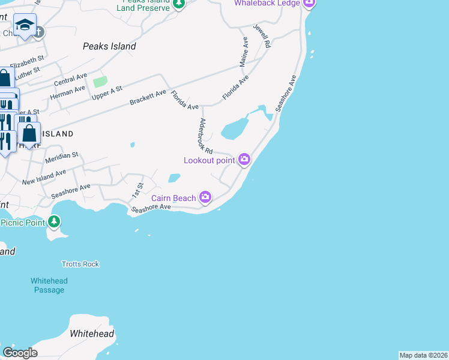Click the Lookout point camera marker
point(244,159)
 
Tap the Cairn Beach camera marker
point(205,197)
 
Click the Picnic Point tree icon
point(55,222)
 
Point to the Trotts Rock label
point(80,264)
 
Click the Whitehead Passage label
point(49,286)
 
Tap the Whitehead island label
point(92,334)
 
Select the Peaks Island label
point(109,46)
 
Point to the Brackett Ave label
point(148,98)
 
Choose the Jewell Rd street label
point(262,37)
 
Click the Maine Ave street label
point(244,51)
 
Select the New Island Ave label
point(44,177)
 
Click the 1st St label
point(138,190)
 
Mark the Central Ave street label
point(70,79)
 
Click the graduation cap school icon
point(25,26)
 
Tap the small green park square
point(100,82)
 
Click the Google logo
point(20,352)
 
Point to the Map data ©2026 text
point(423,355)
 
